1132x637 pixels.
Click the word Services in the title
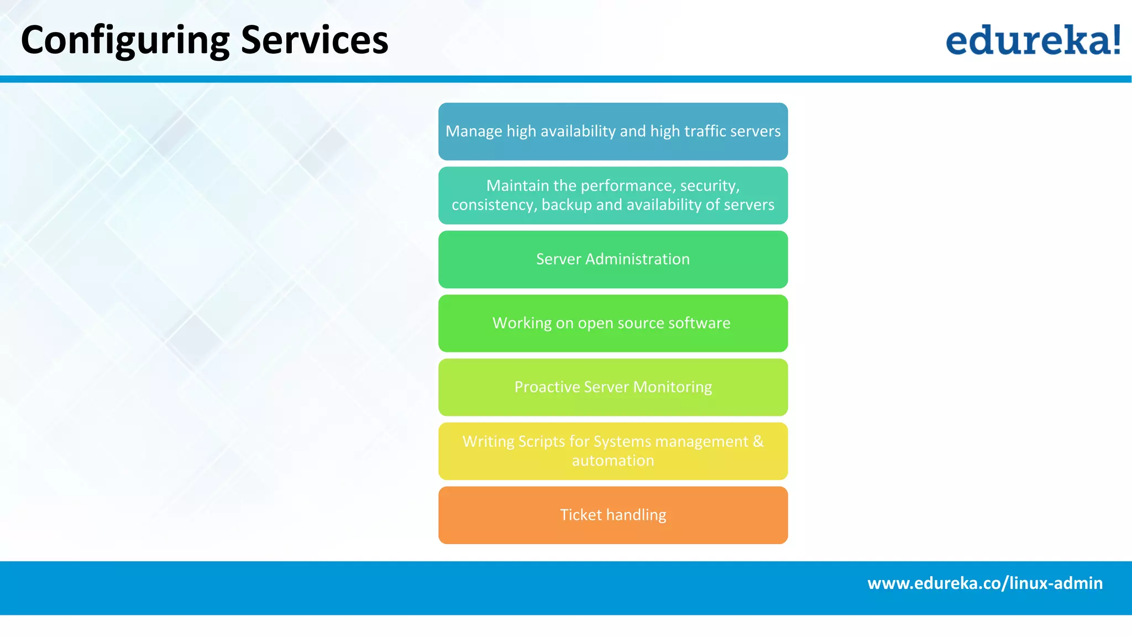315,41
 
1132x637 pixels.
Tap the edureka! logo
1032,40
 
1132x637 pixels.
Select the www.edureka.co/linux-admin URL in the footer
985,583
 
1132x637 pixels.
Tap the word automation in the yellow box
613,461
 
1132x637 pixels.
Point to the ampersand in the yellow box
758,441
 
